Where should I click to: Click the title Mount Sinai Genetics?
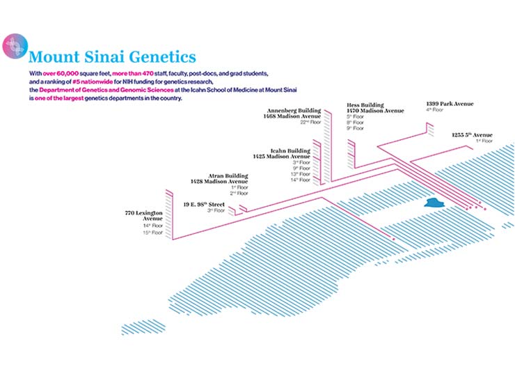(112, 56)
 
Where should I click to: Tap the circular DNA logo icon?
(15, 46)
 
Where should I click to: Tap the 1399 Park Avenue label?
(449, 104)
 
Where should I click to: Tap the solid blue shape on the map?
(435, 203)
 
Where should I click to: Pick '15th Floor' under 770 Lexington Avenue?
(152, 233)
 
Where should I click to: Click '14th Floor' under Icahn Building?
(301, 180)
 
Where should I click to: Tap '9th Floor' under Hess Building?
(355, 129)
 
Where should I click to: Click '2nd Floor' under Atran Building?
(239, 193)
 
